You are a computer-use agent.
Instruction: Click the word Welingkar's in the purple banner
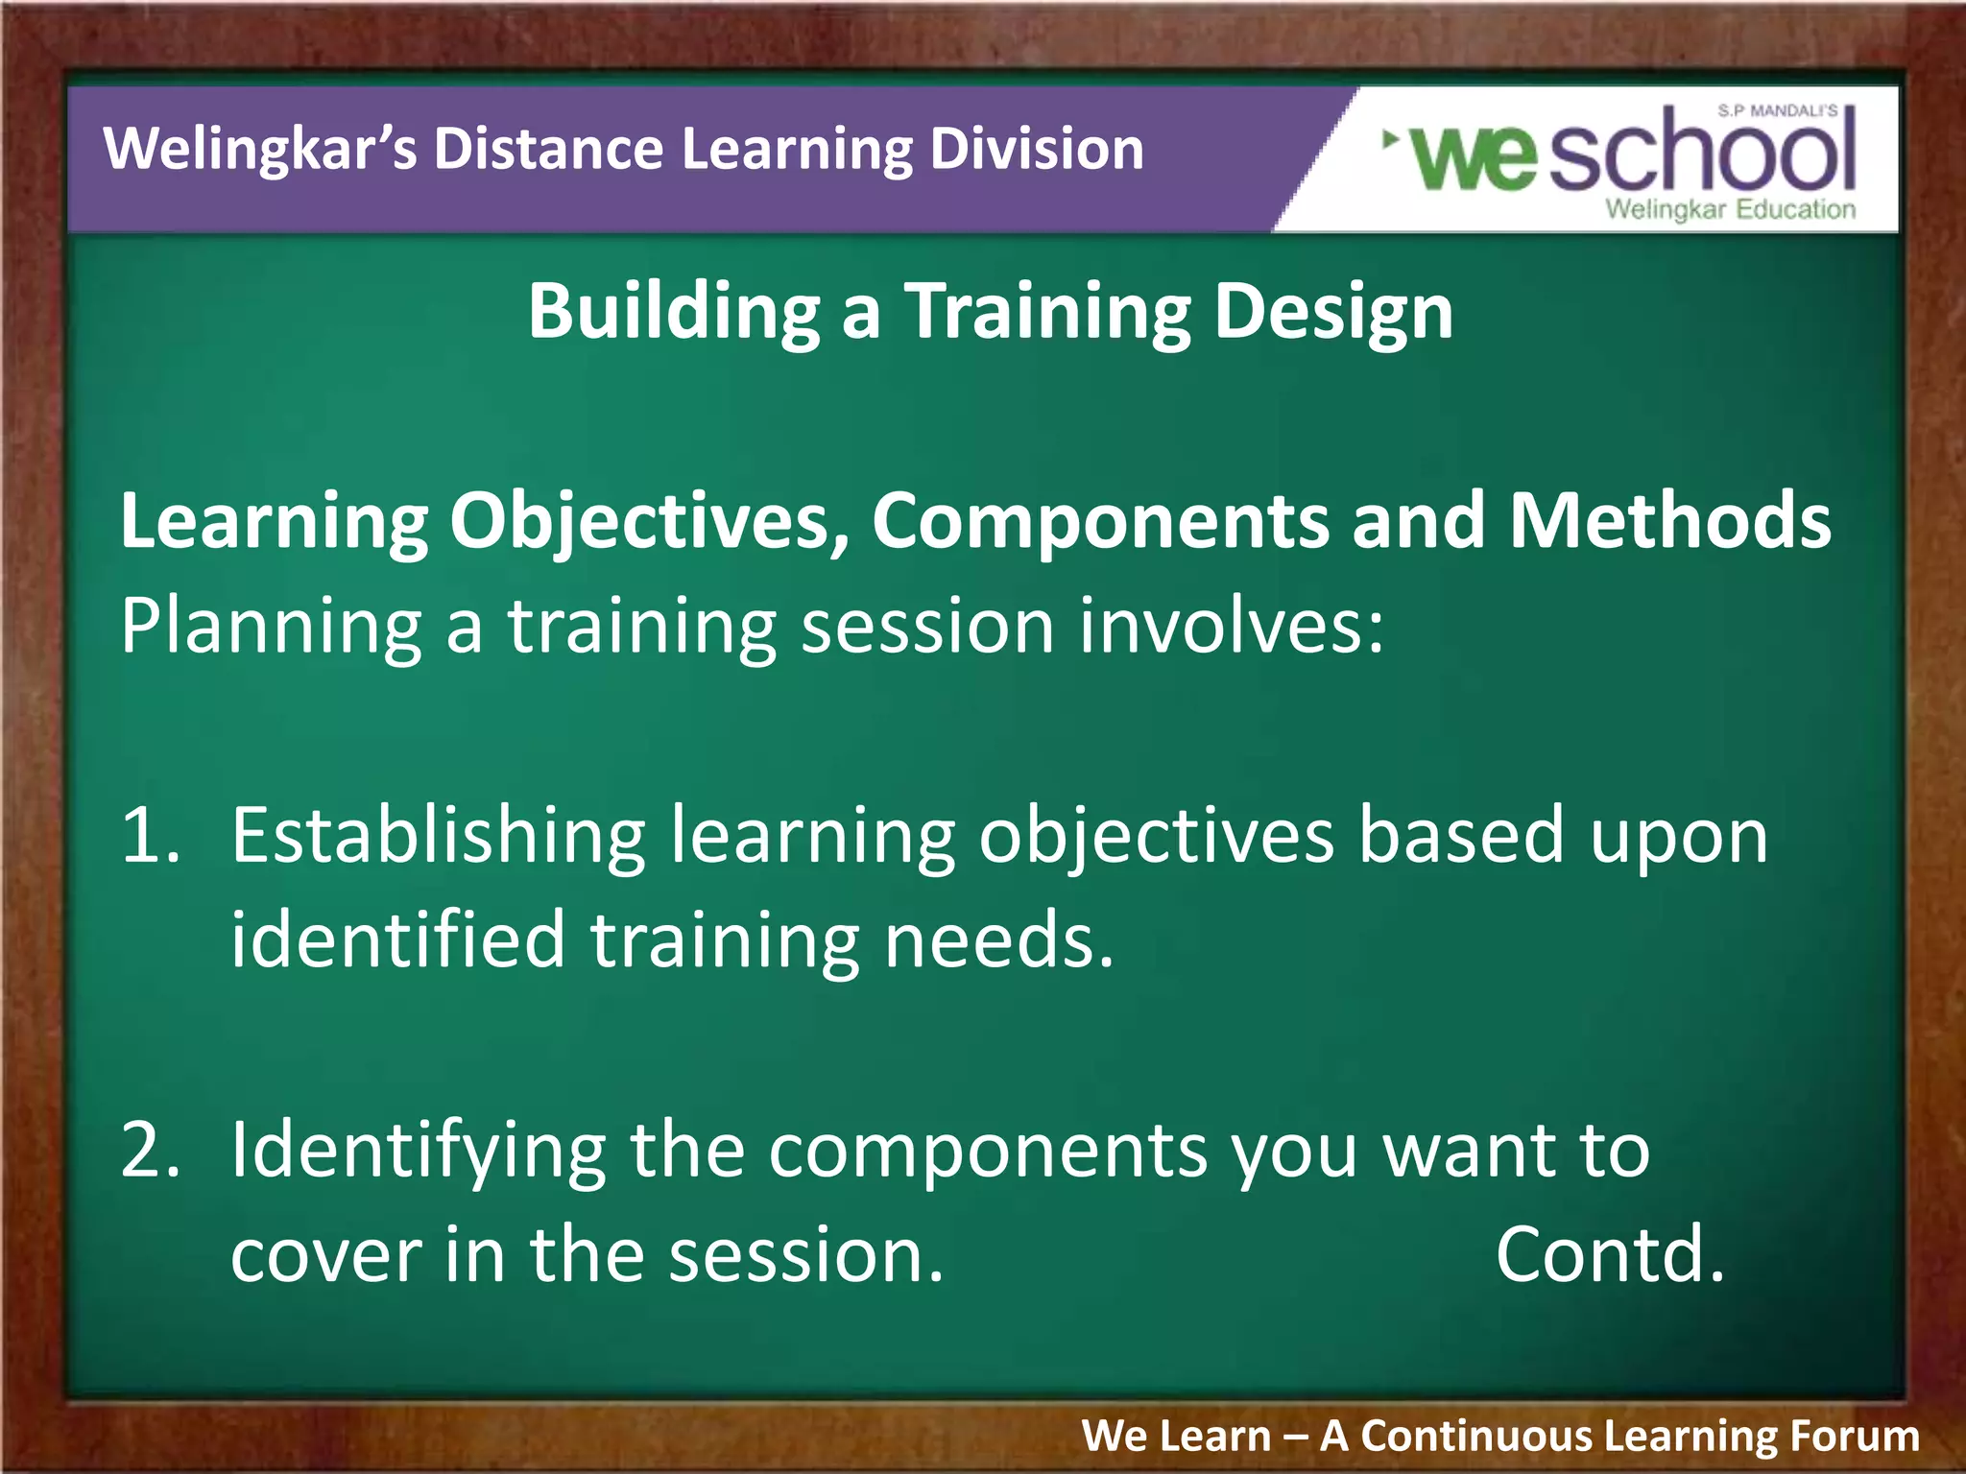259,151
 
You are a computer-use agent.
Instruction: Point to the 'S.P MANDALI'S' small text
1777,111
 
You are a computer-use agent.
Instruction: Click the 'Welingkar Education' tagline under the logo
1730,209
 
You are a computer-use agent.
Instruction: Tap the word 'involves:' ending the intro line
1232,626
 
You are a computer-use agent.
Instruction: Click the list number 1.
150,835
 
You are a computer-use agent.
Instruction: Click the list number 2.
150,1150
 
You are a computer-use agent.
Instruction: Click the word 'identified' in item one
397,940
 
